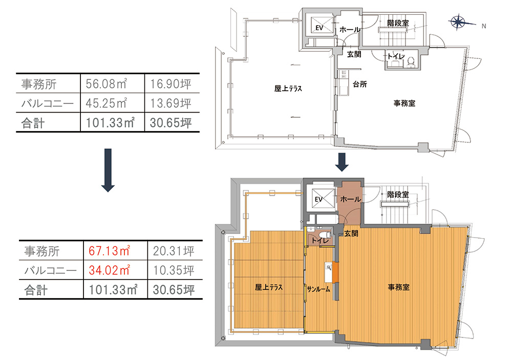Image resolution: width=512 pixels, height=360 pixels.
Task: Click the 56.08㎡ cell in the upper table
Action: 106,84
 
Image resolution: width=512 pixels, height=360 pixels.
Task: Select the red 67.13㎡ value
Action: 110,251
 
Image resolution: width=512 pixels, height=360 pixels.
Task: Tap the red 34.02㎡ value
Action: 110,270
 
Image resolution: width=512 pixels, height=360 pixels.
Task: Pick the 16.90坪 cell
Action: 170,84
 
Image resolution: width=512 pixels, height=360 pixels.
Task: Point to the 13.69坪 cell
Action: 170,103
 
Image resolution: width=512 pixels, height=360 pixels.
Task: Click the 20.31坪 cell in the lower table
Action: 174,251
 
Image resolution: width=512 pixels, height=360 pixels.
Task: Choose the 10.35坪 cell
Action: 174,270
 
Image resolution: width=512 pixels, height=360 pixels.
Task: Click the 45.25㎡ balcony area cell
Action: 106,103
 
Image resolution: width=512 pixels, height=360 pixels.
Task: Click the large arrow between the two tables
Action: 108,170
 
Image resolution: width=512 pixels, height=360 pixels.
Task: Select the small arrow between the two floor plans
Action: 342,162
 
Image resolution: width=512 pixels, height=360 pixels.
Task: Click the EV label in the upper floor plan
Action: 319,28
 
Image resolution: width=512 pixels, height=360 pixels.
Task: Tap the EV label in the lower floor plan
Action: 318,199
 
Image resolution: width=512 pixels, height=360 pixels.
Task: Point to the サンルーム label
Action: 318,289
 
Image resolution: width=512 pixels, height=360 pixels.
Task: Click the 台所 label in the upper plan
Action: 360,84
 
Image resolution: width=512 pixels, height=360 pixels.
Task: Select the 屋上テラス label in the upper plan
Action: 288,89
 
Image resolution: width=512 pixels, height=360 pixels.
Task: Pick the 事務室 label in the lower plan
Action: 398,287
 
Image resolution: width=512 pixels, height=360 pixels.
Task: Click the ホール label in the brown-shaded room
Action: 351,199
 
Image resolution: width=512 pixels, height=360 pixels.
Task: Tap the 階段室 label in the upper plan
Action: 398,23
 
